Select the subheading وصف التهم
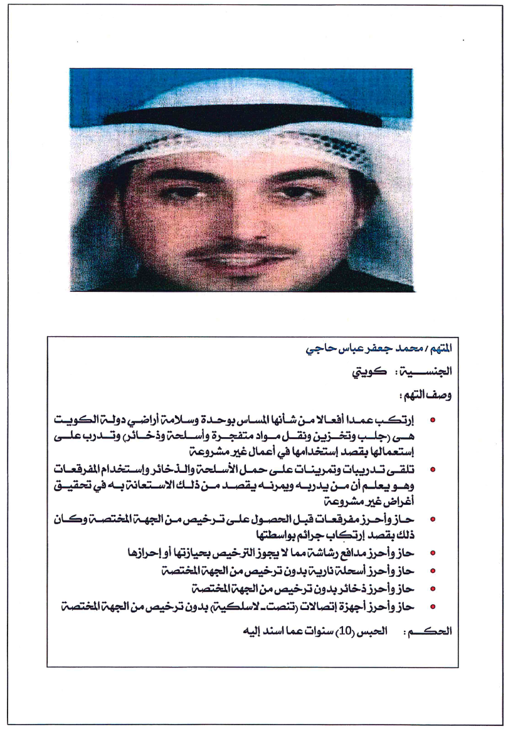point(428,395)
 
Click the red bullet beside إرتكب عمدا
point(433,419)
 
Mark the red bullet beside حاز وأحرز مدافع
point(433,554)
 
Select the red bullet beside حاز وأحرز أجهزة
point(433,606)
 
